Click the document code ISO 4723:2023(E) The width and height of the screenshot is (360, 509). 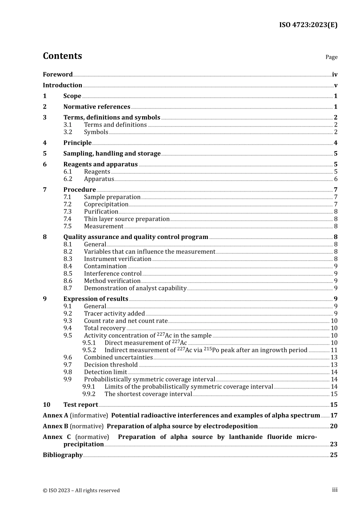click(308, 25)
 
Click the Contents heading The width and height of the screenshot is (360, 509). click(62, 56)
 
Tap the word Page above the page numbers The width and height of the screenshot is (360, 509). click(331, 57)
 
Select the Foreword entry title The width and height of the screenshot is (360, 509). click(58, 75)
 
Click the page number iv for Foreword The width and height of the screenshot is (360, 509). click(335, 75)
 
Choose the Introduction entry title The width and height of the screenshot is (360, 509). click(63, 85)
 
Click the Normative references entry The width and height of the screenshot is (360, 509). click(97, 107)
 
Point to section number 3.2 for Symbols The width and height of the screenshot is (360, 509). click(68, 132)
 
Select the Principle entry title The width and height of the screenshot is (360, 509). click(77, 143)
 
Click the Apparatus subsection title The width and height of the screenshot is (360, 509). click(99, 179)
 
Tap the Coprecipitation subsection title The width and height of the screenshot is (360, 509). click(106, 205)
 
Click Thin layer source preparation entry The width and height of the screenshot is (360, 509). click(127, 219)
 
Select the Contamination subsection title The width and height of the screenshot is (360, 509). click(105, 266)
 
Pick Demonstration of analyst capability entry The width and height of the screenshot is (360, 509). click(135, 288)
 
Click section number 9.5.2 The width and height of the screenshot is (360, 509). click(89, 350)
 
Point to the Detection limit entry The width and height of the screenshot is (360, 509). click(105, 372)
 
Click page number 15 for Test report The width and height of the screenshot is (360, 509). click(333, 405)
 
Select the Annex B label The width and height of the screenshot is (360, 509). click(55, 426)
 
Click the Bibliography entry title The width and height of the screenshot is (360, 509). click(63, 455)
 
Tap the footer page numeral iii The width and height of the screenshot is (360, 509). click(335, 490)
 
